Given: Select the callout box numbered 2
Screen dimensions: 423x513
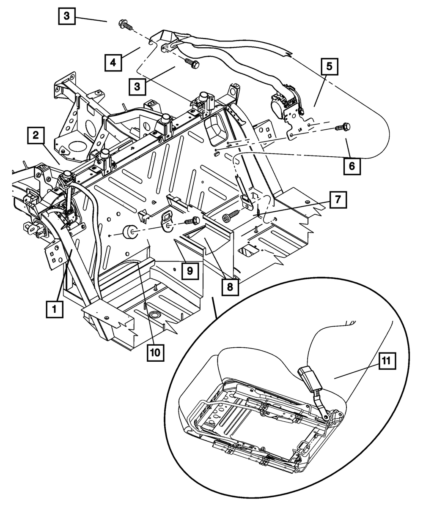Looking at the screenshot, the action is point(36,135).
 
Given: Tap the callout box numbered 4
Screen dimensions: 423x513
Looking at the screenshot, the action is point(113,63).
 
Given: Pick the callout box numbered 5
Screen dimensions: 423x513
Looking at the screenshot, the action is point(329,66).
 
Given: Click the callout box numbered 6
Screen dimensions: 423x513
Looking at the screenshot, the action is point(352,166).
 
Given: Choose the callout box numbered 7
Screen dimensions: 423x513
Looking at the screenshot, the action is point(338,200).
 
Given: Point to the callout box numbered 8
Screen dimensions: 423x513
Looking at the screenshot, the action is point(230,287).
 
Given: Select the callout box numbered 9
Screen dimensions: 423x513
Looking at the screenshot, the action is point(190,271).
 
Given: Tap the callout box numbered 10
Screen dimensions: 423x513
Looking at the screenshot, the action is point(155,353).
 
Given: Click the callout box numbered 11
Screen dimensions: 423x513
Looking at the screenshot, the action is point(387,361).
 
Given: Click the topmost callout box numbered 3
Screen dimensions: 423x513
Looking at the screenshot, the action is point(67,16).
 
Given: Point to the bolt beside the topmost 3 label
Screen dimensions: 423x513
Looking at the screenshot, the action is point(126,25).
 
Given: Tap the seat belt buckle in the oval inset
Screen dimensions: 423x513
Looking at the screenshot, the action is point(309,379).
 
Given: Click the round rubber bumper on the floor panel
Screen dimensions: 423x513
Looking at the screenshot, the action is point(129,232).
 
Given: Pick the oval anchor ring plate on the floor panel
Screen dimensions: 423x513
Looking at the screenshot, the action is point(168,222).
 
